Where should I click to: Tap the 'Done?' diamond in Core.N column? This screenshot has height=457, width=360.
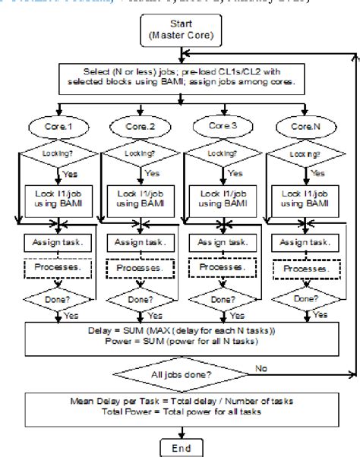[302, 299]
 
